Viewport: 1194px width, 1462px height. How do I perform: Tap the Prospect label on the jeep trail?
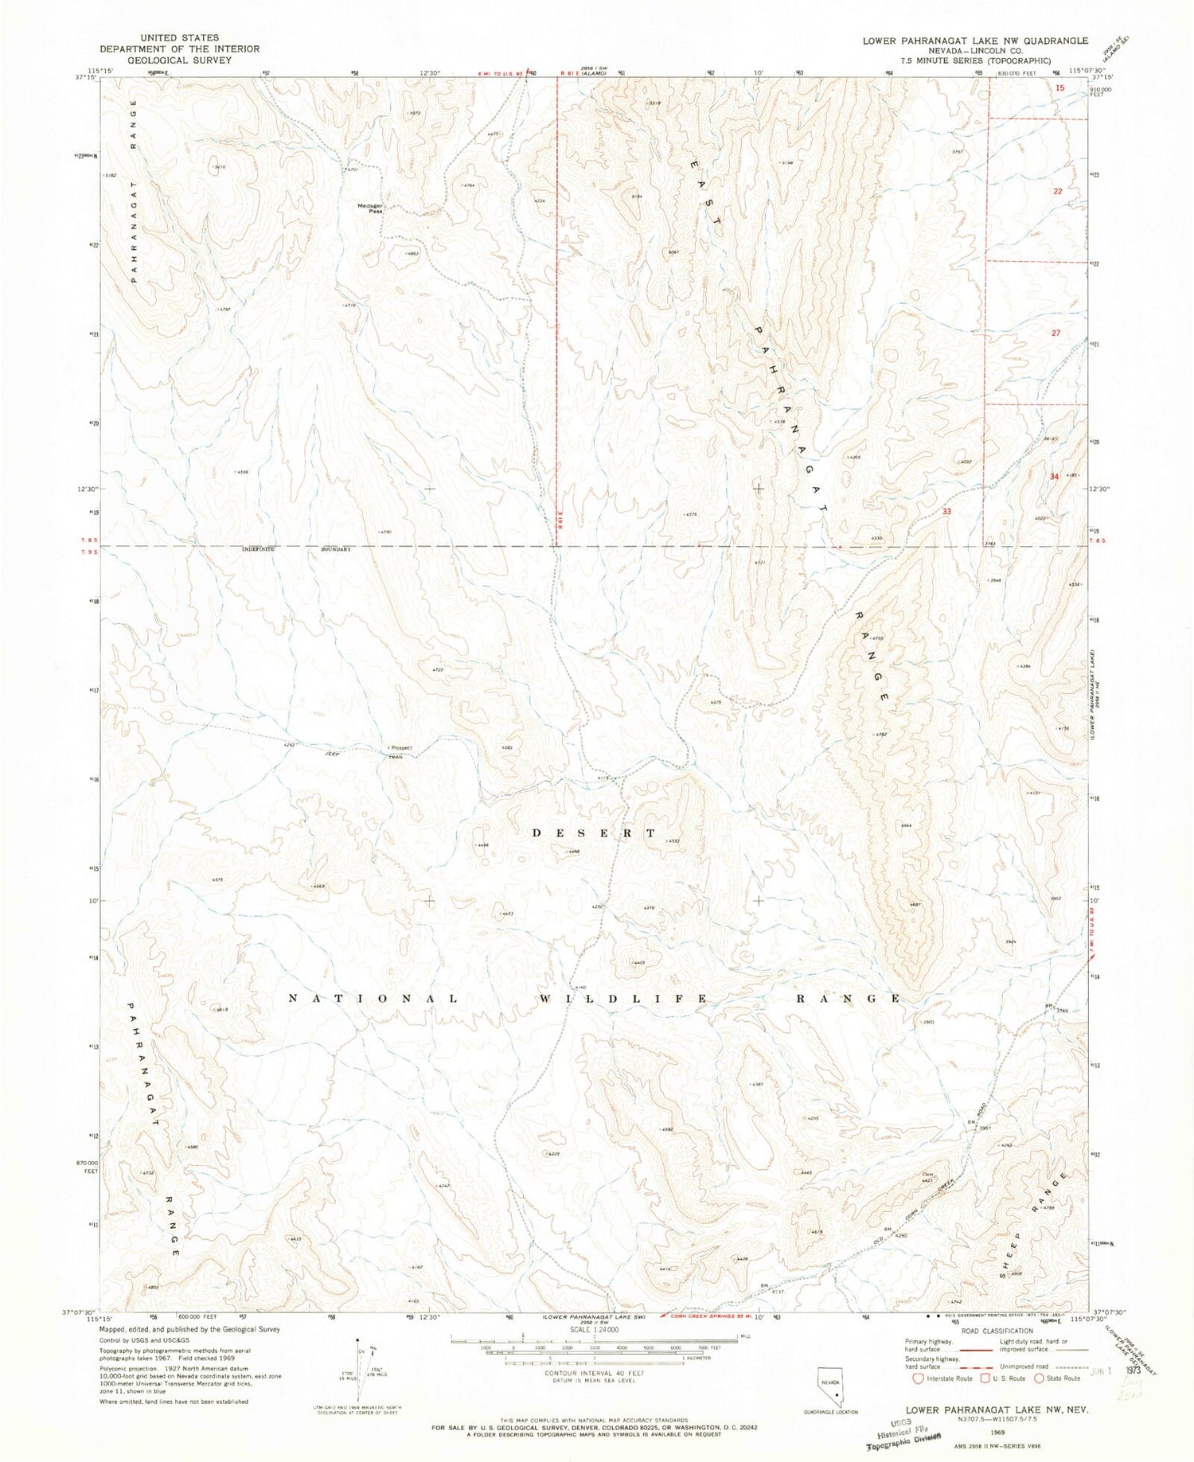point(400,747)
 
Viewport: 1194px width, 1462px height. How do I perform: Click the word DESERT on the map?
point(594,833)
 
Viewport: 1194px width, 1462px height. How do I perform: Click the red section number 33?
point(946,511)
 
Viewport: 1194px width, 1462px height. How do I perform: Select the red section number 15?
point(1059,89)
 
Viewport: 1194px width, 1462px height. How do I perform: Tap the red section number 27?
point(1056,333)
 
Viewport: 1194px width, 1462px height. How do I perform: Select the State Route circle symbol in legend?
point(1040,1378)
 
